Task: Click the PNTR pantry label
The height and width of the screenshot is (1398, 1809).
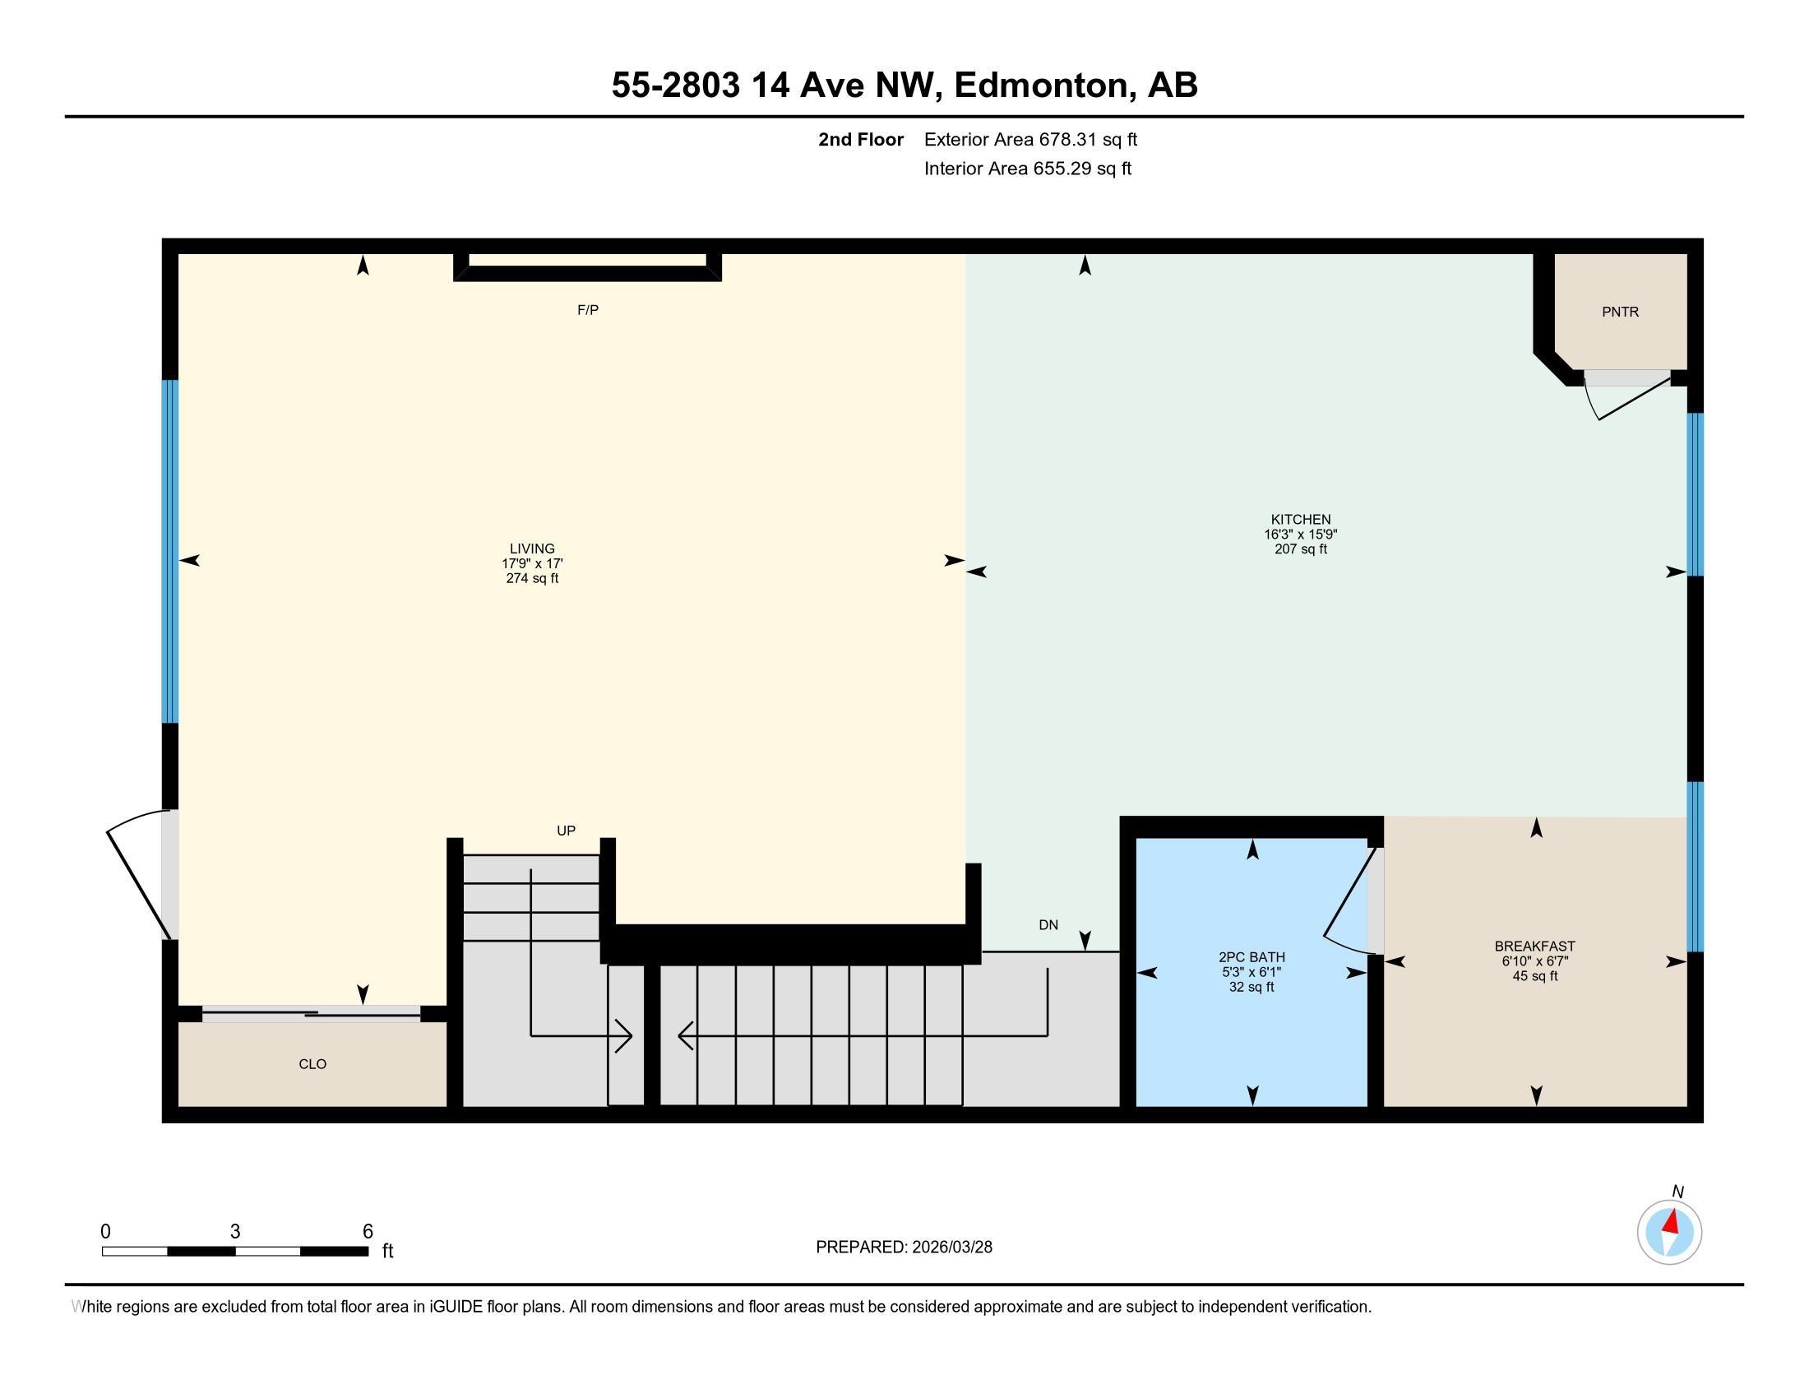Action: (x=1620, y=312)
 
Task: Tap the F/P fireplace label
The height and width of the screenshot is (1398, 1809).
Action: (x=587, y=310)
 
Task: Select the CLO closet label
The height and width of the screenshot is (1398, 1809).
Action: (x=312, y=1064)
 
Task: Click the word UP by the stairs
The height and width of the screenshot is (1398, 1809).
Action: (x=566, y=831)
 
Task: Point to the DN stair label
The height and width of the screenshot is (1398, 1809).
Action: (x=1048, y=925)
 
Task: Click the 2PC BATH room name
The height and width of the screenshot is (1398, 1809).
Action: (x=1251, y=957)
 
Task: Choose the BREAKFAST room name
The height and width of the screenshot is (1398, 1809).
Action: (x=1535, y=946)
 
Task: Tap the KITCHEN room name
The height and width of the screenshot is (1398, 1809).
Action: (x=1301, y=519)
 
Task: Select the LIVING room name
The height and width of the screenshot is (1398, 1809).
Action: (x=532, y=549)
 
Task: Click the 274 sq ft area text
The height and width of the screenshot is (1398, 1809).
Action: (x=532, y=578)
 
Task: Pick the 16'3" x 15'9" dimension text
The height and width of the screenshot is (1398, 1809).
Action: (x=1301, y=535)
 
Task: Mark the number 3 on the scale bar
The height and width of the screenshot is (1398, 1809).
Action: (x=235, y=1232)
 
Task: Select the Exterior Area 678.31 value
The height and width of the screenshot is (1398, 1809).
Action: (x=1071, y=140)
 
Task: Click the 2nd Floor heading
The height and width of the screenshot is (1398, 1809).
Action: (x=861, y=140)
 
